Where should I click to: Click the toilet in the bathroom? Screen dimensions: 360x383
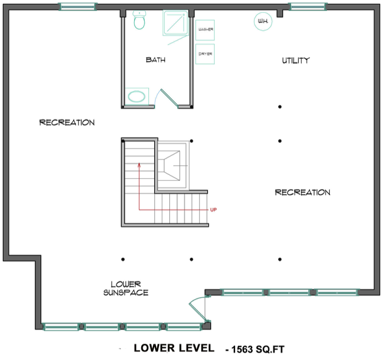139,21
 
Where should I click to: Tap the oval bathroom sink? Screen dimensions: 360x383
137,96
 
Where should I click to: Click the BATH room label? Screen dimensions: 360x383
156,60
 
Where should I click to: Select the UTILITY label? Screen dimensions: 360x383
295,60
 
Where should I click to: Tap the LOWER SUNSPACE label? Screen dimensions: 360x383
125,288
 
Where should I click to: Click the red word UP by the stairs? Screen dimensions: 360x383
214,210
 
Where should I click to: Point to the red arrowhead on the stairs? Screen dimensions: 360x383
139,165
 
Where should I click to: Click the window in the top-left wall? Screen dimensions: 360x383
78,7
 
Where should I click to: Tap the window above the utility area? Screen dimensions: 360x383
308,7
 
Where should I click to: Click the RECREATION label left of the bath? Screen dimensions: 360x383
67,123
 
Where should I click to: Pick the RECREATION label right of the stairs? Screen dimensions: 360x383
302,192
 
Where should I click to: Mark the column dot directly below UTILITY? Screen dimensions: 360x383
280,106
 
